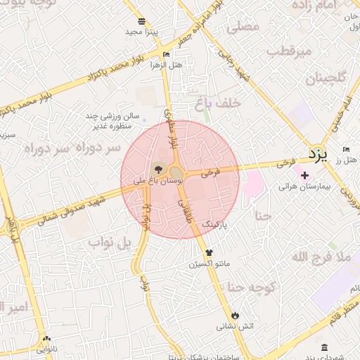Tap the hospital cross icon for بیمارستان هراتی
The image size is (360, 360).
[304, 175]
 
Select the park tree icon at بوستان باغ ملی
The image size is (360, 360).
[157, 169]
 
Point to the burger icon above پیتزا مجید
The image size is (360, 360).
[142, 21]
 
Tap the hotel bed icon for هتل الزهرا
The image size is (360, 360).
[166, 54]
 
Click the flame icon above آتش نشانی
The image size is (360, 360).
[235, 315]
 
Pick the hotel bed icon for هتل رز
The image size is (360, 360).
[347, 149]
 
